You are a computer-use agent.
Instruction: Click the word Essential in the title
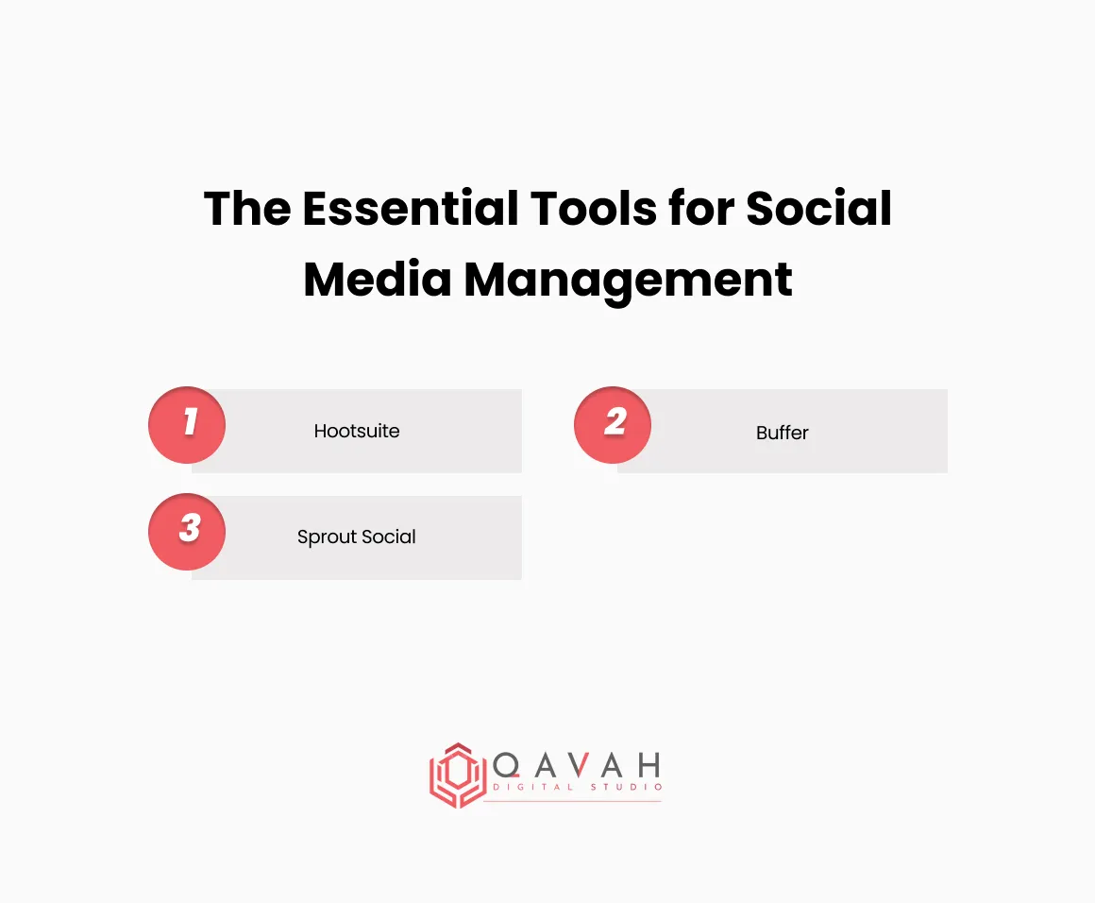409,208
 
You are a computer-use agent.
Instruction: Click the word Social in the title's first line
819,208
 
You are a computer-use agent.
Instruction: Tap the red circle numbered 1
187,424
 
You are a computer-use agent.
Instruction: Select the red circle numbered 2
614,424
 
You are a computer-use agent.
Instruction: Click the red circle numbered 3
187,531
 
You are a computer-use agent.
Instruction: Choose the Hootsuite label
357,432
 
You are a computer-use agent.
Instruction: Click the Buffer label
783,433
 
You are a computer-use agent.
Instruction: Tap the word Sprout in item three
327,537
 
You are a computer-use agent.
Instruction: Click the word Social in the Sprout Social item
389,537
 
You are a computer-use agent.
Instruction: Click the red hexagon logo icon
457,775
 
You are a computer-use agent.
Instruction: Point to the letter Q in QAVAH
506,765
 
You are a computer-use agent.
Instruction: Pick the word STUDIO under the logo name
627,788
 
